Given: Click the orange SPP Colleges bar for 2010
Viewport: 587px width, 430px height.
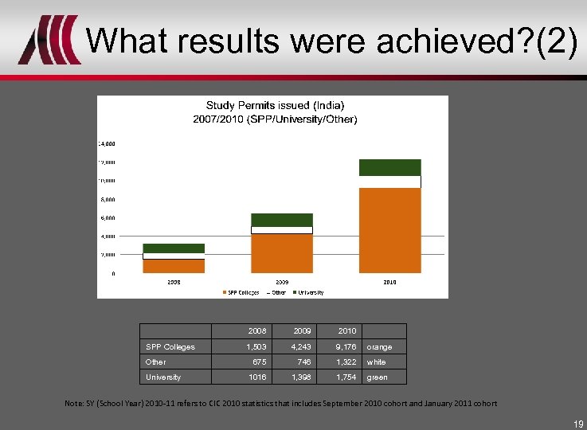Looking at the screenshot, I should pos(389,230).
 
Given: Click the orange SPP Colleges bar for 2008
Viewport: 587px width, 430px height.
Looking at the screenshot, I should pos(174,266).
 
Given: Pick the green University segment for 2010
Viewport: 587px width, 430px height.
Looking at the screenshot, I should pos(389,167).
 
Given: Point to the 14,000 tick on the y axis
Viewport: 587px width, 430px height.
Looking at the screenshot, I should pos(107,144).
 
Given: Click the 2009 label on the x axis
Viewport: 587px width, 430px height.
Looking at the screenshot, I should pos(282,282).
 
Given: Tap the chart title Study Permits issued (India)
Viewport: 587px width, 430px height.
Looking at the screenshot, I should pos(276,105).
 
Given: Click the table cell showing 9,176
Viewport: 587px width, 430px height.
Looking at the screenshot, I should pos(346,346).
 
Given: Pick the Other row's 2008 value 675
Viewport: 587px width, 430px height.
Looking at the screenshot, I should pos(259,362).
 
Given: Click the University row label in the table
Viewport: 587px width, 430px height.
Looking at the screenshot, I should pos(163,377).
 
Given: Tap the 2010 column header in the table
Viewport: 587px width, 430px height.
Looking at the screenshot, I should pos(346,330).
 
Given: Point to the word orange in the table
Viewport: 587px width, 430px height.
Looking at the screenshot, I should pos(379,346).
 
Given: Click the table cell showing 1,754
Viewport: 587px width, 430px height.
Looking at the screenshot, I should pos(346,377).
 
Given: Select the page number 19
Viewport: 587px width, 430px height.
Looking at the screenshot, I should pos(577,424).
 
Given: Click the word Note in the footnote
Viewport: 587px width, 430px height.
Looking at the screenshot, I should pos(73,404).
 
